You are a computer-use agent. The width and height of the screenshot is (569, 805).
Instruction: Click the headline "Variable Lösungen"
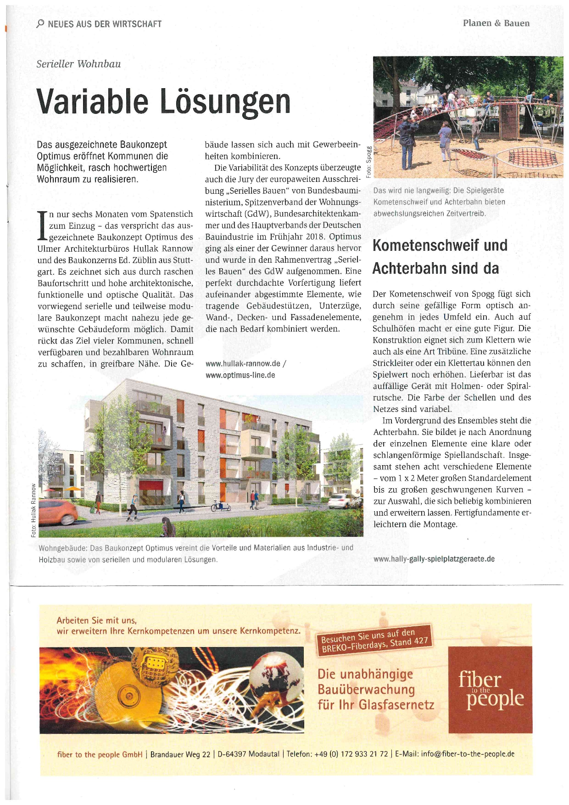click(x=163, y=101)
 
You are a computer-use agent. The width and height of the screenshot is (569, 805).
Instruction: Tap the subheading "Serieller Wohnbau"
click(x=78, y=64)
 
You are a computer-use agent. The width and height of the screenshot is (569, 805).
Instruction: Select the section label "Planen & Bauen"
click(x=496, y=23)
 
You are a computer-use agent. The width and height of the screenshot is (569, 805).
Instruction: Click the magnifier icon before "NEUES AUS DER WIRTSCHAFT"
click(x=40, y=24)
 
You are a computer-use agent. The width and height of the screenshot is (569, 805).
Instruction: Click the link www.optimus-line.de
click(x=240, y=375)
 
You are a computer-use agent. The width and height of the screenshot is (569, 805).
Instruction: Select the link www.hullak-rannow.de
click(x=243, y=364)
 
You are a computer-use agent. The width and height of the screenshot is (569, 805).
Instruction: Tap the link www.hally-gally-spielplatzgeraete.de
click(x=434, y=559)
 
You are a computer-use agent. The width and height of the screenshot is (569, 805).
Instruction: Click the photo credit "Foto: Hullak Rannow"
click(x=33, y=509)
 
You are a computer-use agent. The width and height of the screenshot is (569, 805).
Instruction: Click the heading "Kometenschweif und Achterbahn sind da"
click(x=440, y=256)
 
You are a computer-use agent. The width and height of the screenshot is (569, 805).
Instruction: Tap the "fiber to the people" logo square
click(x=490, y=689)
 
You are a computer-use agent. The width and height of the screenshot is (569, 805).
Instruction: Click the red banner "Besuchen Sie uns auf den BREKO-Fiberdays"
click(x=374, y=640)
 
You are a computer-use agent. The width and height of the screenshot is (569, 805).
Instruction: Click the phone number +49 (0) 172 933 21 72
click(x=351, y=754)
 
